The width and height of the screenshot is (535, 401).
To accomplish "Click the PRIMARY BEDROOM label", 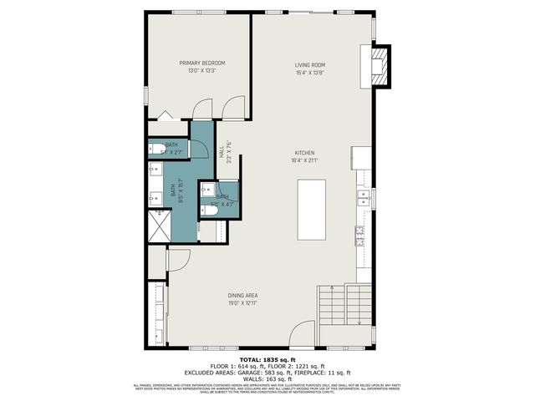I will (x=202, y=63).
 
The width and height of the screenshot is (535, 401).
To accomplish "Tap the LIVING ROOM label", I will (x=309, y=65).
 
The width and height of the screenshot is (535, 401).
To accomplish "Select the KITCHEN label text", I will (x=303, y=153).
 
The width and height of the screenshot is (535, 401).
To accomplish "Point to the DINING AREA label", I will (x=242, y=295).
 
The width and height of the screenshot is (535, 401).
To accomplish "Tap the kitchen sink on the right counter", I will (x=364, y=198).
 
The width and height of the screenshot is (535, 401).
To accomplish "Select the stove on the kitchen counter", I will (x=360, y=236).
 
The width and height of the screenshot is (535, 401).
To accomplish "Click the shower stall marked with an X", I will (x=158, y=225).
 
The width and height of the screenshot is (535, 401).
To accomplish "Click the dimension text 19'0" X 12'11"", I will (x=242, y=303).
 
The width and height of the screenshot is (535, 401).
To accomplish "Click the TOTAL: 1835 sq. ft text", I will (x=267, y=358).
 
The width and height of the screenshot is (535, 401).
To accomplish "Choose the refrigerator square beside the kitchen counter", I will (x=361, y=156).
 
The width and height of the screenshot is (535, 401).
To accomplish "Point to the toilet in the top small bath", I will (x=157, y=150).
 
